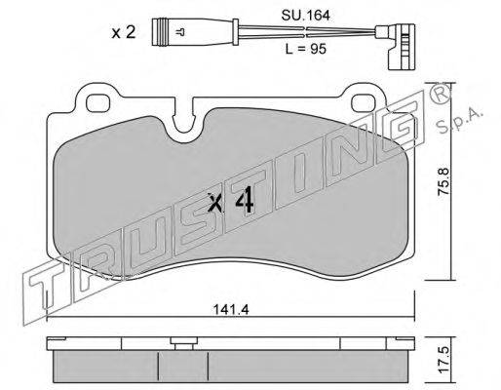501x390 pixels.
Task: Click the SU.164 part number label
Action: [305, 16]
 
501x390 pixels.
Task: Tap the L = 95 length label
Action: [305, 49]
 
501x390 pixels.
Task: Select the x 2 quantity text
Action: [123, 32]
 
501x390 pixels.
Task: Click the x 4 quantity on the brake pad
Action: [231, 202]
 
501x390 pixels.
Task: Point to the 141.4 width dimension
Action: [231, 310]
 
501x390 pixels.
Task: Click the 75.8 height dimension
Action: [443, 181]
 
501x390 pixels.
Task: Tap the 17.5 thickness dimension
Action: [443, 359]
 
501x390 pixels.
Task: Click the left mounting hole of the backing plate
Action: [98, 103]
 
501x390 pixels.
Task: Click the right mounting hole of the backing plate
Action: [364, 102]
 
